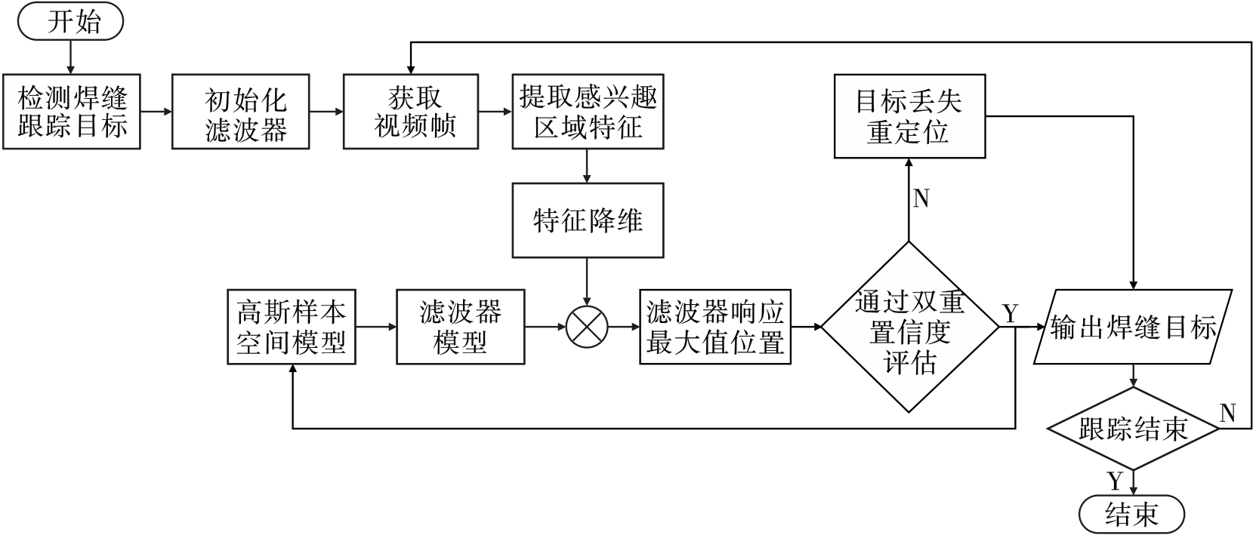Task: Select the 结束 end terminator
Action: [x=1131, y=515]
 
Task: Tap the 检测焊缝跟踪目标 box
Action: [x=72, y=112]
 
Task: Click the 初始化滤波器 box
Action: [x=240, y=112]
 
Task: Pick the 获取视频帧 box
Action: [x=411, y=112]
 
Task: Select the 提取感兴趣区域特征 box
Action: [x=588, y=112]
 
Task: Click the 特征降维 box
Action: [x=588, y=220]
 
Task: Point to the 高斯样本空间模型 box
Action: [x=292, y=327]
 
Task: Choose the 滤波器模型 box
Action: [x=460, y=327]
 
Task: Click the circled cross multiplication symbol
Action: [x=587, y=327]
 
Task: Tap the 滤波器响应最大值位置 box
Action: [x=714, y=327]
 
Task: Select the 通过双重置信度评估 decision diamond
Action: [x=909, y=327]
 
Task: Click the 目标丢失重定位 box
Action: [x=909, y=116]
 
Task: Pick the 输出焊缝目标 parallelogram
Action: [x=1132, y=327]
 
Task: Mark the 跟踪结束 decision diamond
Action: [x=1132, y=429]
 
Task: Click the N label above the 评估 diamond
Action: [x=921, y=198]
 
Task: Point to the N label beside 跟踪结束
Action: [x=1227, y=412]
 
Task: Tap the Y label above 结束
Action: [x=1115, y=480]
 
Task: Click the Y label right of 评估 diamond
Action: [x=1009, y=312]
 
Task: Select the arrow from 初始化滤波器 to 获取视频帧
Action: [x=326, y=112]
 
